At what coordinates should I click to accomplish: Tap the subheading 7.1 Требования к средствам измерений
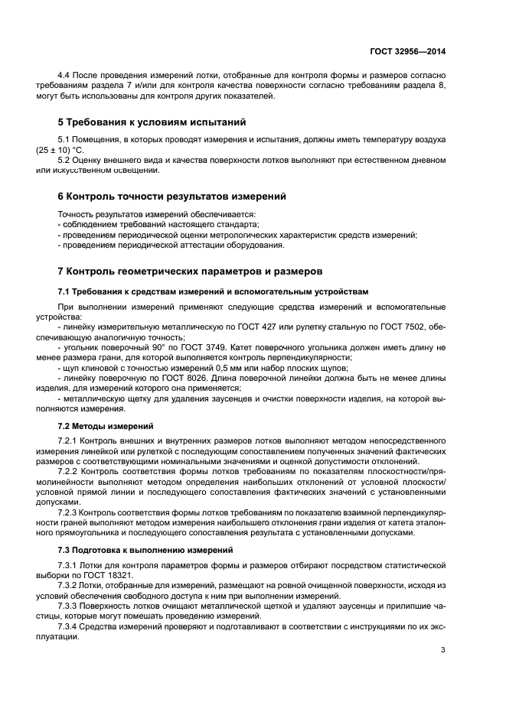[213, 291]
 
